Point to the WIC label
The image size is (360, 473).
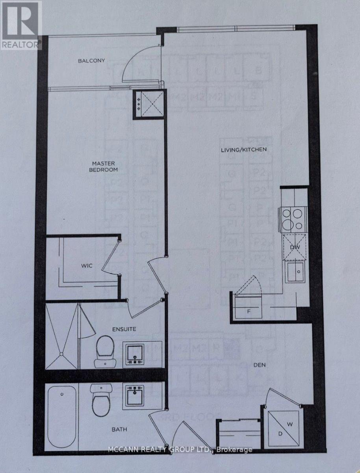[87, 266]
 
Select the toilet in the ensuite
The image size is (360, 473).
[105, 350]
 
